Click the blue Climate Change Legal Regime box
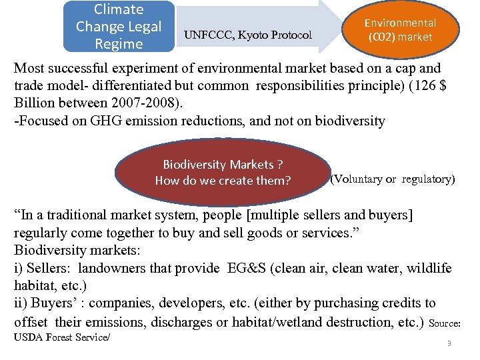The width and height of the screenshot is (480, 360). point(119,27)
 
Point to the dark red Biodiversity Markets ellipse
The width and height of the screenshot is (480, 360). point(223,172)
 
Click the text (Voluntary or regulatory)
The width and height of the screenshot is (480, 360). point(393,179)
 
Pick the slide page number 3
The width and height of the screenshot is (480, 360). point(449,343)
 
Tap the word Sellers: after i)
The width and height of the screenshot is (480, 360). point(49,268)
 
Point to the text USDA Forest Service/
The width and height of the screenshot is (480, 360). point(62,337)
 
